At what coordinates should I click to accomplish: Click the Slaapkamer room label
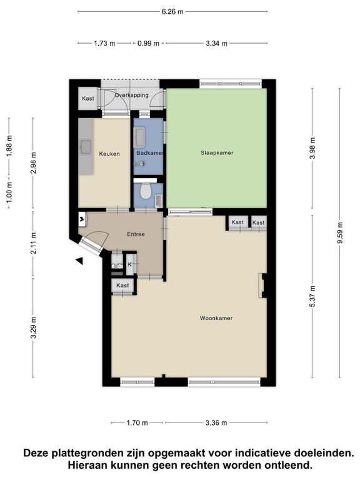point(217,152)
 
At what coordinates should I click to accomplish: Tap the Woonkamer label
point(216,318)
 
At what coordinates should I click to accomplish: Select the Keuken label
point(109,154)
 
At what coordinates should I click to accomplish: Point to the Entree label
point(136,234)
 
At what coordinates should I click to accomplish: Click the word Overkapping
point(132,95)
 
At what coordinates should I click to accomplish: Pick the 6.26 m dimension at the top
point(172,12)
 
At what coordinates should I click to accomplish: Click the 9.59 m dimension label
point(340,232)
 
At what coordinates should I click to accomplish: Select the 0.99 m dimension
point(149,44)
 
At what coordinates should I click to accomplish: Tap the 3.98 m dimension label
point(312,148)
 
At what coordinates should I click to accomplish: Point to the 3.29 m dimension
point(33,327)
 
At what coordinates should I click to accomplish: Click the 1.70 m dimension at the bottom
point(137,423)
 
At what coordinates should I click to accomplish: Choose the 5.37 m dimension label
point(312,296)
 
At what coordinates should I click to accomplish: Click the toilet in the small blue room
point(145,191)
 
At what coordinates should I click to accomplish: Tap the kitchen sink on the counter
point(86,147)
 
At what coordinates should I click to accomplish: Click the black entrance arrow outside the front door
point(79,261)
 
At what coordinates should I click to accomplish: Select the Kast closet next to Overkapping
point(88,99)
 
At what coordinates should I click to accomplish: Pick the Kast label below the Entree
point(122,285)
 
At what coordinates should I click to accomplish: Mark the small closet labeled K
point(130,264)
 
